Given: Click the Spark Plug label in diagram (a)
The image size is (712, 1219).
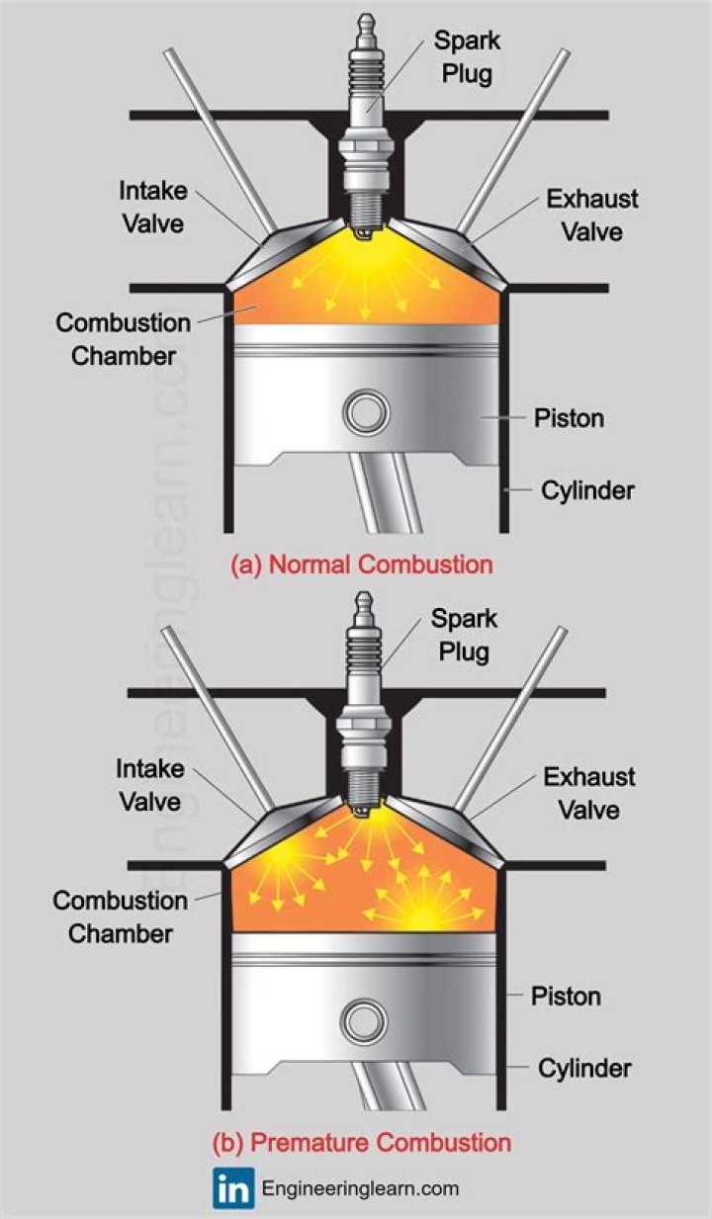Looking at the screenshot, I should pos(470,56).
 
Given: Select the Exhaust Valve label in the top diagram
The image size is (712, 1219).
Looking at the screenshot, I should pos(592,215).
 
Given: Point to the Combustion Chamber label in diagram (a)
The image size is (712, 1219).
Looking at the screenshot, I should pos(123,338).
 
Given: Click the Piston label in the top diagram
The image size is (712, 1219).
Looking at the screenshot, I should pos(569,417).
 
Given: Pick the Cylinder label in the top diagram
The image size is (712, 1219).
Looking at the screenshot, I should pos(587,489).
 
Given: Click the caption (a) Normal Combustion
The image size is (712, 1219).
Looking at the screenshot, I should pos(361,565).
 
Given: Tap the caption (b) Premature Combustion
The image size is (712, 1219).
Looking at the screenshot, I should pos(361,1143).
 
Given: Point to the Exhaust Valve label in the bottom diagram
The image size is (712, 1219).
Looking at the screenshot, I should pos(589,793).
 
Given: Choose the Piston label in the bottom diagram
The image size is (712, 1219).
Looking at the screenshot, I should pos(566,995).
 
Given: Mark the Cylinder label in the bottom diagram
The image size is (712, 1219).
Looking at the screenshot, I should pos(584,1068).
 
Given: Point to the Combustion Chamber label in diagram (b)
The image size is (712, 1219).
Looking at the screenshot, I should pos(120,916).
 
